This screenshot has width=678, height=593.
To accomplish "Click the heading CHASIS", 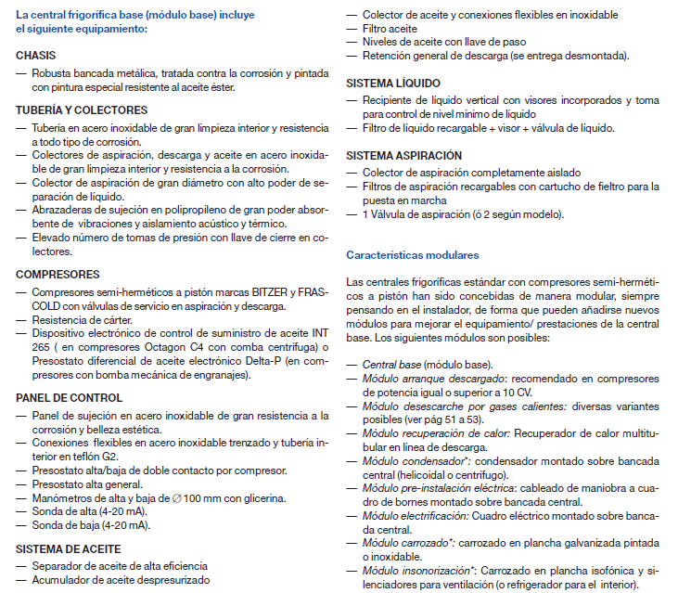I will tap(36, 56).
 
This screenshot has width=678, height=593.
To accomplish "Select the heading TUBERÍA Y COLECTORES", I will tap(82, 110).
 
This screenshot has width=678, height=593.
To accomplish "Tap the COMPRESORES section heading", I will tap(58, 275).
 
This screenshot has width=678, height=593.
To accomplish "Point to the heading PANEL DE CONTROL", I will tap(70, 398).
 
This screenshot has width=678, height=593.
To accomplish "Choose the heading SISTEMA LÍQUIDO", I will tap(387, 83).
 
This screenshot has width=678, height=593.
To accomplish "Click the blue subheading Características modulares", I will tap(413, 253).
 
